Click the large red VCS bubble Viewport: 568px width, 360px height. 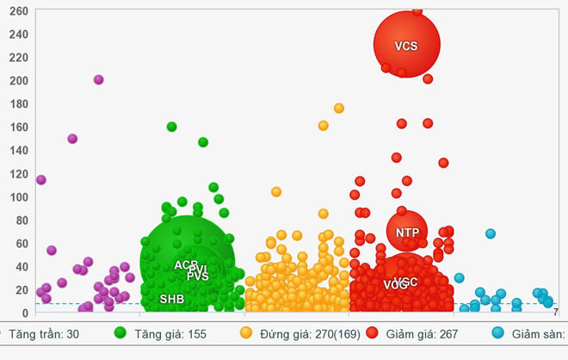pos(406,45)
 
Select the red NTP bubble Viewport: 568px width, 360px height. pos(407,232)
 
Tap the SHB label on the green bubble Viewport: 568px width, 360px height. pos(171,300)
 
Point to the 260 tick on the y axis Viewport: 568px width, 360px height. pos(19,11)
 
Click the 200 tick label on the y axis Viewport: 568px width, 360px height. pos(19,81)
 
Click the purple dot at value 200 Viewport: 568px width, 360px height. pos(99,80)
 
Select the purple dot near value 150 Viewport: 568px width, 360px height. pos(72,139)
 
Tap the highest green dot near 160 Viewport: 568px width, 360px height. pos(172,127)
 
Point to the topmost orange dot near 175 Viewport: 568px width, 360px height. pos(339,109)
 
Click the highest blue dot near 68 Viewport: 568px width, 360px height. pos(491,233)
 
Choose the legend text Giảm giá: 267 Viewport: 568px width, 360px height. pos(418,333)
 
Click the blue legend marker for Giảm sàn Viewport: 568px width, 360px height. pos(498,333)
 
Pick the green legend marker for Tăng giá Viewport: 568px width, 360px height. pos(120,333)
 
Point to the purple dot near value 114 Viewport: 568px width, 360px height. pos(40,180)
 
